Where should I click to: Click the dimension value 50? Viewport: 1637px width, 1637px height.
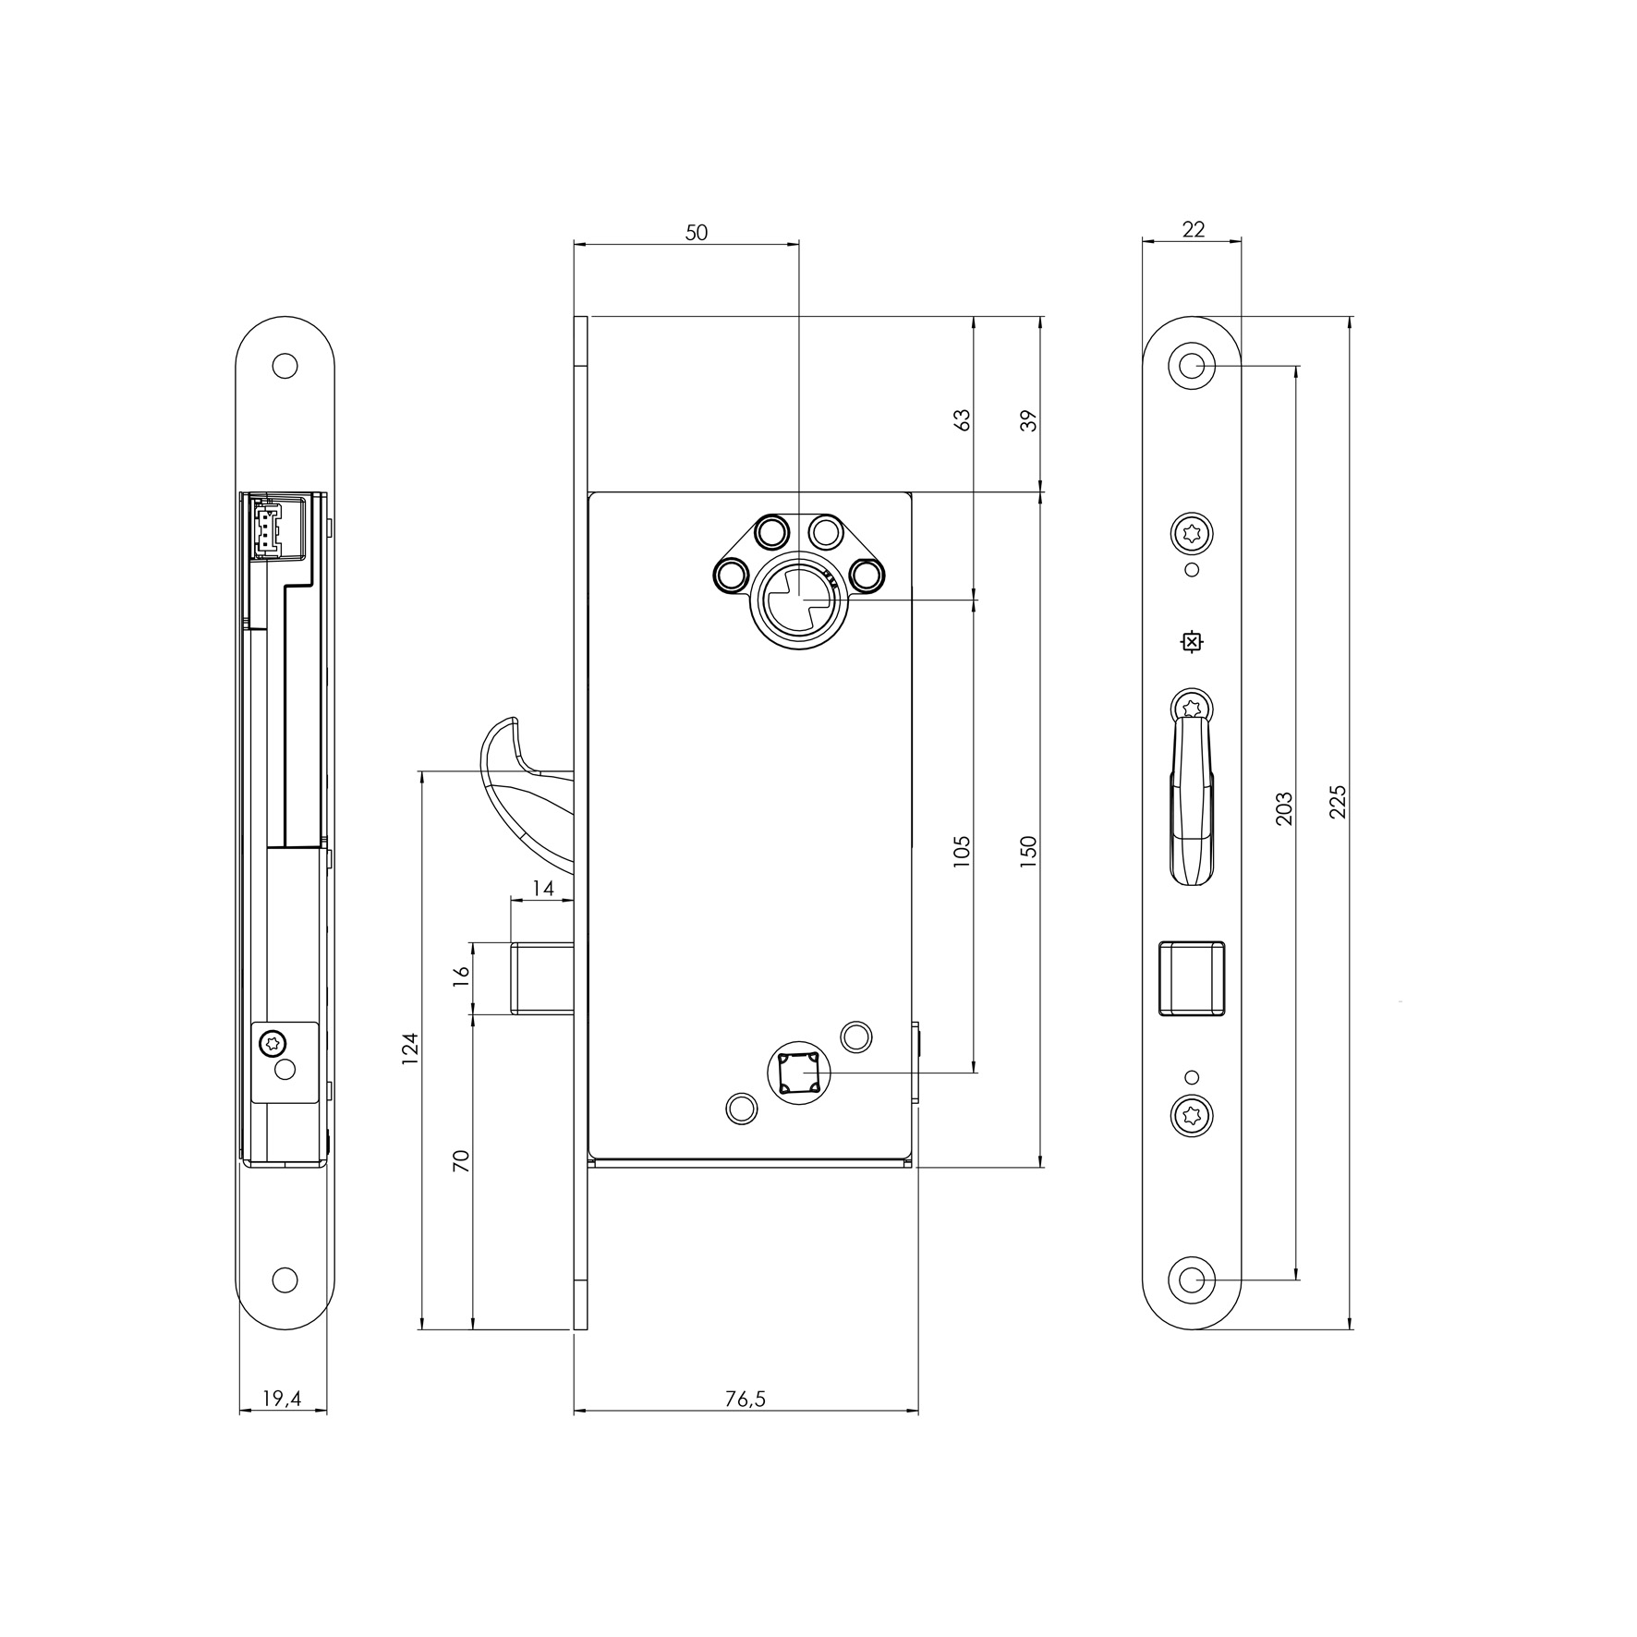click(x=697, y=232)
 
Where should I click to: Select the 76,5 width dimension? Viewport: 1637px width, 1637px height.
click(x=746, y=1399)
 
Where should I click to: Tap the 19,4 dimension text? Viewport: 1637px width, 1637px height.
click(x=282, y=1399)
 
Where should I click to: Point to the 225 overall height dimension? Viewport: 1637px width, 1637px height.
click(x=1338, y=802)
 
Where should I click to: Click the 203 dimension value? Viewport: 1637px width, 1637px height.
click(x=1283, y=808)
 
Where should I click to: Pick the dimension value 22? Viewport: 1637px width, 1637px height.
click(x=1194, y=229)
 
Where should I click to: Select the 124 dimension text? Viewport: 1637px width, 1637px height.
click(x=410, y=1048)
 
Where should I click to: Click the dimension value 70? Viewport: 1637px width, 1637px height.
click(x=462, y=1161)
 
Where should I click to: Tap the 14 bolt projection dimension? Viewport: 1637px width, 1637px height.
click(x=543, y=889)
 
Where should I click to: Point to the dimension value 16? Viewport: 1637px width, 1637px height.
click(x=462, y=976)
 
